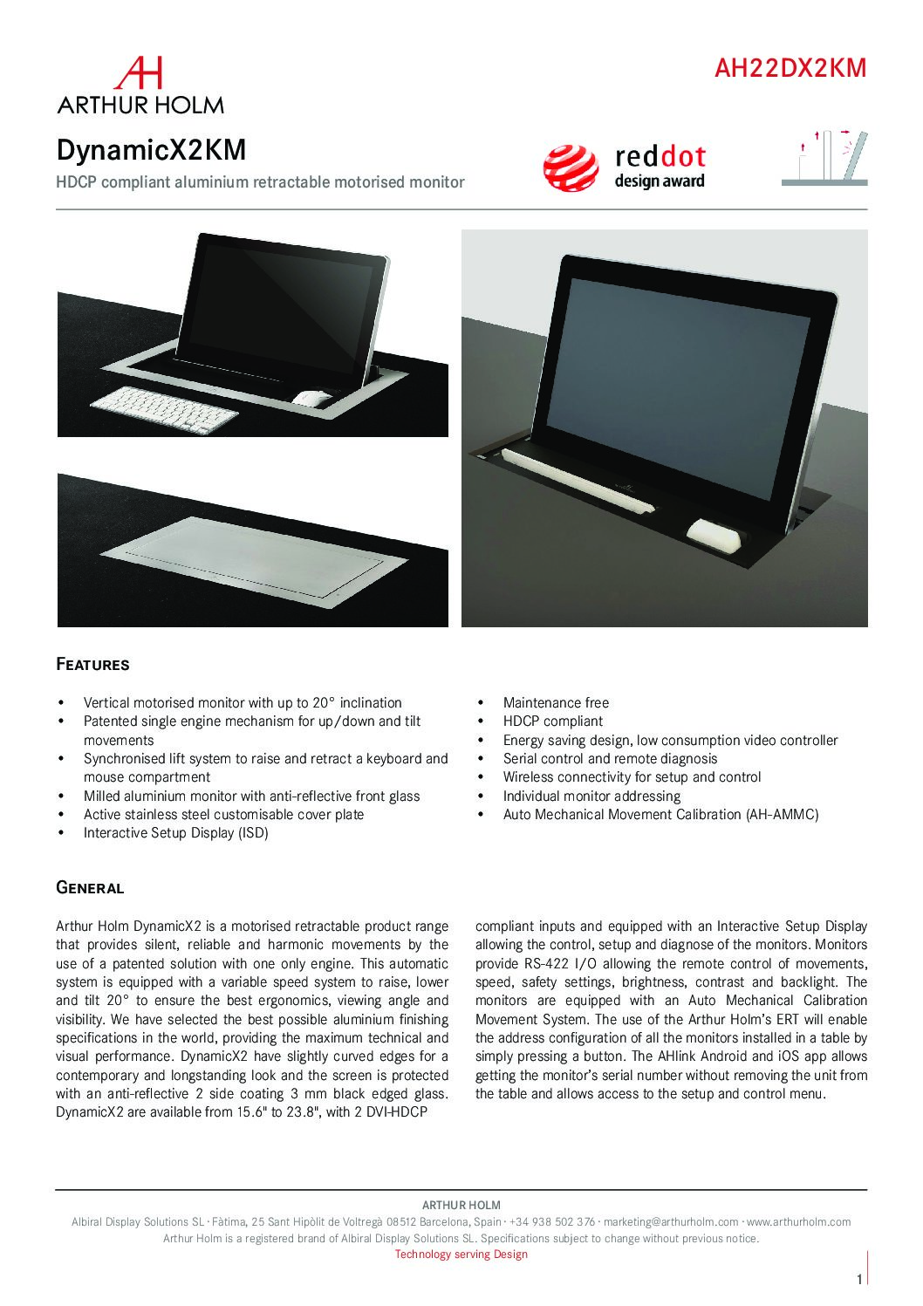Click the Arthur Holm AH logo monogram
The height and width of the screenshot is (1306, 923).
(140, 73)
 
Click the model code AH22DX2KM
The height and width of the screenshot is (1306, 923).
(790, 68)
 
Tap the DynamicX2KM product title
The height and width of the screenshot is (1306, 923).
(151, 150)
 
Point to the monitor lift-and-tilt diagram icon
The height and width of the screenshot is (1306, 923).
(824, 157)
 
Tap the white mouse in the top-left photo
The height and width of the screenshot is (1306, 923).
(312, 399)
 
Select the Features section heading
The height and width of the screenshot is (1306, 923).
(92, 665)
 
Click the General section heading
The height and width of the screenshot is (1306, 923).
(90, 889)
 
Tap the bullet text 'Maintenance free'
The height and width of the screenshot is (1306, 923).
(556, 702)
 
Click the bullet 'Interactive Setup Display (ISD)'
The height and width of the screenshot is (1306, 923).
(175, 833)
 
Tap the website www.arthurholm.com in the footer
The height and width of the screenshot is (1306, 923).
(799, 1222)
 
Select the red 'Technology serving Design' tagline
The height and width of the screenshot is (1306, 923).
(461, 1255)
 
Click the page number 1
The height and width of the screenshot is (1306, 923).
(859, 1280)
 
